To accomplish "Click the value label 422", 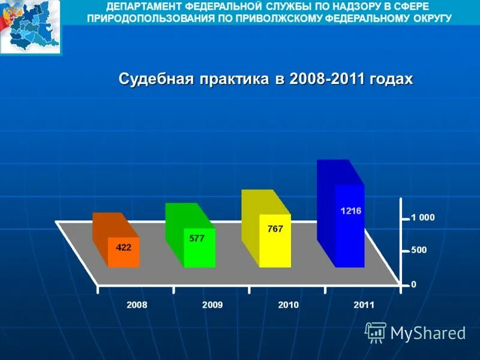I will pos(124,247).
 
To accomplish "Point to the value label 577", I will pos(197,238).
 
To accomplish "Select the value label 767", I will pos(275,229).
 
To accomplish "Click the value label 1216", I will pos(351,211).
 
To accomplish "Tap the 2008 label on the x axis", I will pos(137,305).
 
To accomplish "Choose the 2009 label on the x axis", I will pos(212,305).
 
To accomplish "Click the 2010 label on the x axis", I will pos(289,305).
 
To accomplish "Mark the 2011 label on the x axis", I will pos(364,305).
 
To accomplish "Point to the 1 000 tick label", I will pos(423,218).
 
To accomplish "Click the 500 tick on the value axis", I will pos(419,251).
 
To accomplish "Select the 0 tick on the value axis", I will pos(413,284).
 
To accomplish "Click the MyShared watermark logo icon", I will pos(376,332).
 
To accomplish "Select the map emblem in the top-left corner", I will pos(30,28).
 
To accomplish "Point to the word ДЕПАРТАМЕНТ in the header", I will pos(144,7).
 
